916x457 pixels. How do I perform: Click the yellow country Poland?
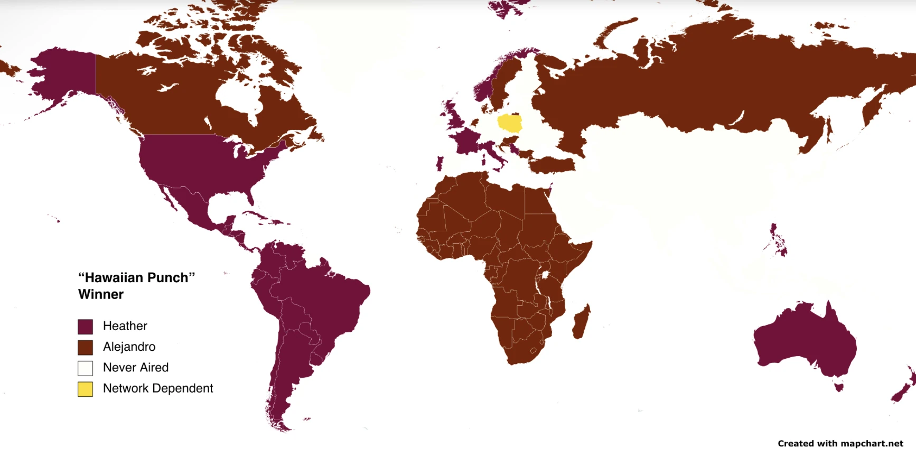(x=510, y=123)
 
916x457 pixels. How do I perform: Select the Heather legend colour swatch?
(x=85, y=327)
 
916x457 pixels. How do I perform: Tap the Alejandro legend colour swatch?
(x=85, y=347)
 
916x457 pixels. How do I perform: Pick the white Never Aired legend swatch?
(x=85, y=368)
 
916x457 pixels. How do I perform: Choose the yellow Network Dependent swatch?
(x=85, y=389)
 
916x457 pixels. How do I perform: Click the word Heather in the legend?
(x=125, y=326)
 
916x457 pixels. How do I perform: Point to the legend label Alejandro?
(x=129, y=347)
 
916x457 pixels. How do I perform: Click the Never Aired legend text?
(x=136, y=367)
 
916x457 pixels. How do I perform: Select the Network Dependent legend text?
(x=158, y=388)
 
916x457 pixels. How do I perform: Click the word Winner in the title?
(x=101, y=294)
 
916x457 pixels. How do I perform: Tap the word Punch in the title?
(x=166, y=278)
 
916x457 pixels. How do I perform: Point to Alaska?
(x=63, y=74)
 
